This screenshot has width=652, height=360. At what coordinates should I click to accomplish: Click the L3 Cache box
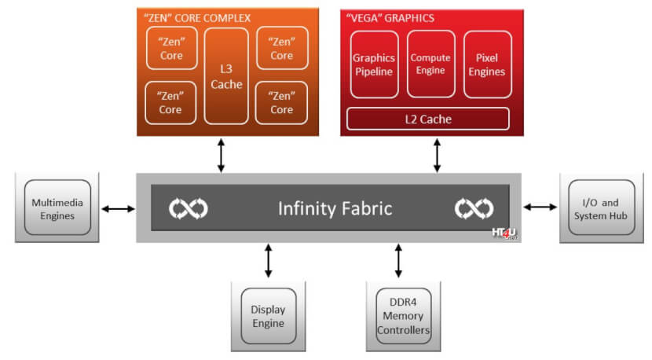[x=226, y=76]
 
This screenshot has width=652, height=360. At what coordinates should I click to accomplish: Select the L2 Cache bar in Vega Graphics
[x=428, y=119]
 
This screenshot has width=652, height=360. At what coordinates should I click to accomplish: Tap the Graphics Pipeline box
[x=374, y=64]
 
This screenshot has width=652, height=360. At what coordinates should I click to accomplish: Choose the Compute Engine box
[x=430, y=64]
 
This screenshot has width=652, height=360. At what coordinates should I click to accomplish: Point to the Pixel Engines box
[x=487, y=64]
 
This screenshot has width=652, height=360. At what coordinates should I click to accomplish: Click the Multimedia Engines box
[x=57, y=208]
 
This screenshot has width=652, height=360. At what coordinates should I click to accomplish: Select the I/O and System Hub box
[x=601, y=208]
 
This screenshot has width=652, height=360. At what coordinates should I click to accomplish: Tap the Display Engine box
[x=269, y=316]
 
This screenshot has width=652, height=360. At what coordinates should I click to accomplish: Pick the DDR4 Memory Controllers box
[x=403, y=316]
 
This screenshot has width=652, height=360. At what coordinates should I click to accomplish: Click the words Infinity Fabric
[x=335, y=208]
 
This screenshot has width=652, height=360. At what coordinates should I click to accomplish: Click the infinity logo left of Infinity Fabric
[x=189, y=208]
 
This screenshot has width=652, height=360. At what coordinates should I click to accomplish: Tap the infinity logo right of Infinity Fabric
[x=474, y=208]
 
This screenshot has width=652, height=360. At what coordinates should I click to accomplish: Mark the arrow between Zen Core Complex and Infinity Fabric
[x=222, y=156]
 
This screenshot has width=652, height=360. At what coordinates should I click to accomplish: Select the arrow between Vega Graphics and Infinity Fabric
[x=437, y=156]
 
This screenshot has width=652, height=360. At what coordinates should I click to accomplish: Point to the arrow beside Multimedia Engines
[x=119, y=208]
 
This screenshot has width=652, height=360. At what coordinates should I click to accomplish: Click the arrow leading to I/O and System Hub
[x=540, y=207]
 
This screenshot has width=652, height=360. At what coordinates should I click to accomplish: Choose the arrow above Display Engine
[x=268, y=261]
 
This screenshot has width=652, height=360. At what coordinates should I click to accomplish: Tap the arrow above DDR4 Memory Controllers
[x=398, y=261]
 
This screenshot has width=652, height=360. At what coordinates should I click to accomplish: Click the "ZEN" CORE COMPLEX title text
[x=197, y=18]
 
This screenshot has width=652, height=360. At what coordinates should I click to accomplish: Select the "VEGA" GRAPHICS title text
[x=390, y=18]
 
